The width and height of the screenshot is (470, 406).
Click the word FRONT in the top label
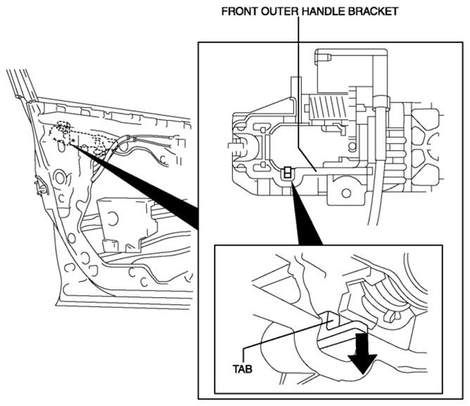(240, 11)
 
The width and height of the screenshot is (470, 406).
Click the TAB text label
(243, 369)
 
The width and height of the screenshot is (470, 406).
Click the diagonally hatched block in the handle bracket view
(328, 107)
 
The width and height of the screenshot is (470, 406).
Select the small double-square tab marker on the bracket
(288, 173)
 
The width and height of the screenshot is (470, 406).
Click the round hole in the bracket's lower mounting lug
(346, 193)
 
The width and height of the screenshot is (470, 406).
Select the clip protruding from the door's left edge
(41, 186)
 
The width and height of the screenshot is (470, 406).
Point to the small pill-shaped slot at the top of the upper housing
(322, 58)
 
